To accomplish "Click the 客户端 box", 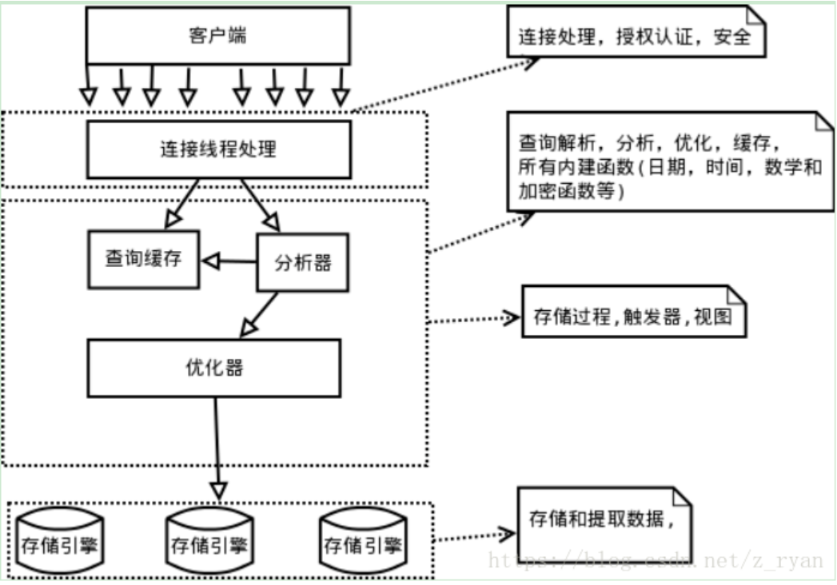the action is pos(217,36).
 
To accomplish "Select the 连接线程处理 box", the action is pos(219,149).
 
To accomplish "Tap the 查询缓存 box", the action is pos(144,260).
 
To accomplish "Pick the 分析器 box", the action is pos(303,263).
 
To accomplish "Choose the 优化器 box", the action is pos(214,368).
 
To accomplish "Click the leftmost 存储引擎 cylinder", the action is pos(59,540).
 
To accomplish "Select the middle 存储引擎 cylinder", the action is pos(209,540).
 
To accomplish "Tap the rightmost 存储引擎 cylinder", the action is pos(363,540).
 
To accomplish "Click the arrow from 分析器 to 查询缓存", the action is pos(229,261).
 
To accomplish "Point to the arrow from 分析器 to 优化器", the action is pos(258,314).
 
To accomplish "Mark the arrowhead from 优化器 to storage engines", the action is pos(219,491).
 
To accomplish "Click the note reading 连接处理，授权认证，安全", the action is pos(636,31).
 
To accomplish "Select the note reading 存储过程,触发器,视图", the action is pos(634,312).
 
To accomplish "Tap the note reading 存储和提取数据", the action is pos(604,524).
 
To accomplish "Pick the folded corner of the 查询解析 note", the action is pos(825,121).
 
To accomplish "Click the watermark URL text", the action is pos(656,560).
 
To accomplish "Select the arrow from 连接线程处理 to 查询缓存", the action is pos(181,204).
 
